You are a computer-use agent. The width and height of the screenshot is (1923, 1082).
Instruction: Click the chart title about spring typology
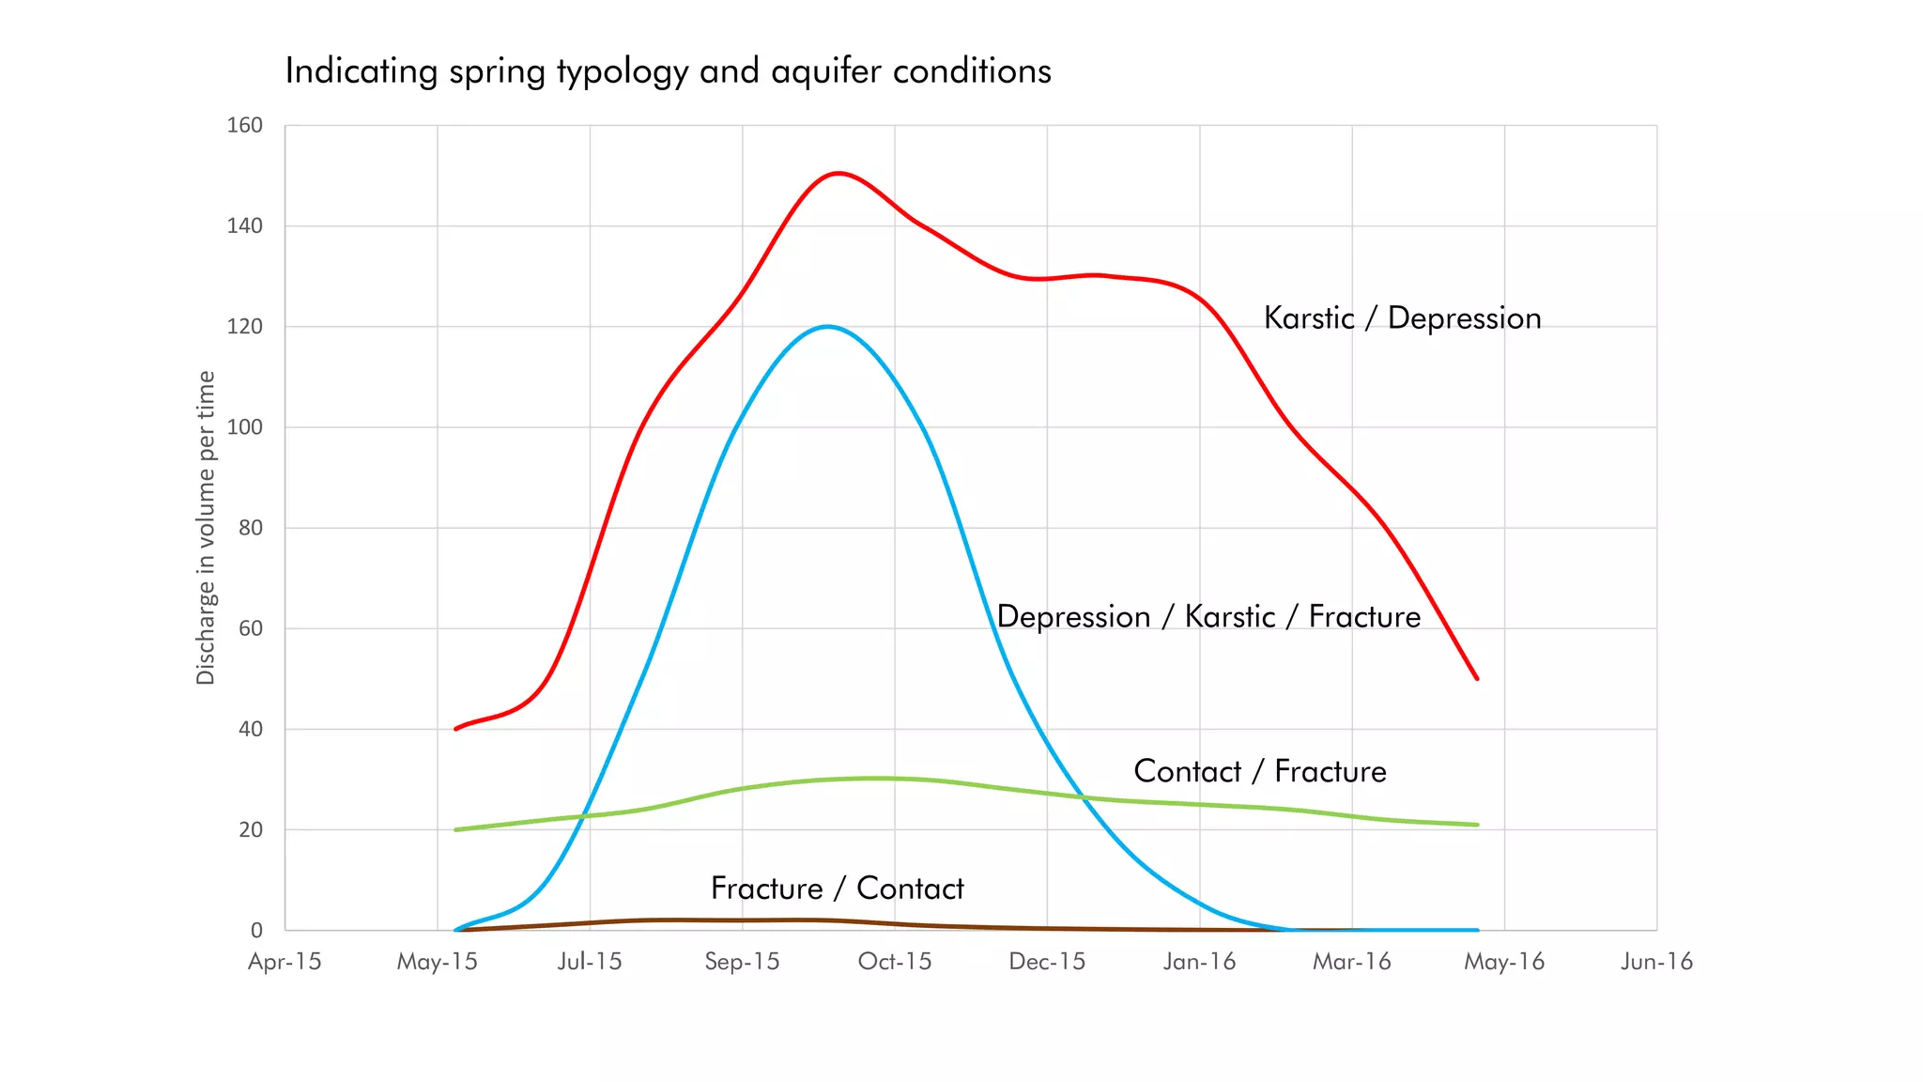(668, 71)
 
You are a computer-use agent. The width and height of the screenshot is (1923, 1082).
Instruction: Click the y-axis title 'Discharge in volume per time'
(206, 528)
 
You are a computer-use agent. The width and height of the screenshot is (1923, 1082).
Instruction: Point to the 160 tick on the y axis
(244, 125)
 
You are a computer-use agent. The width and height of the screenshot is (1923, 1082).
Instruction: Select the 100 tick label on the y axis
(244, 427)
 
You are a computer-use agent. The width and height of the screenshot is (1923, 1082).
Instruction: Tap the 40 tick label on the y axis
(250, 729)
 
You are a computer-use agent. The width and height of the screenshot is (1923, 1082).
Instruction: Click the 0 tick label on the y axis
(256, 930)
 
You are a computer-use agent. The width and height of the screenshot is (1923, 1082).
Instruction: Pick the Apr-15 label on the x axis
(285, 962)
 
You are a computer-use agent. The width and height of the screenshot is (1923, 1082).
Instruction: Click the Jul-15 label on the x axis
(590, 962)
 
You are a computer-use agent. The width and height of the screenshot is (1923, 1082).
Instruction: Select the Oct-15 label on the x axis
(895, 962)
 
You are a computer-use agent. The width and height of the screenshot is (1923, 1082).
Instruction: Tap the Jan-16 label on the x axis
(1199, 962)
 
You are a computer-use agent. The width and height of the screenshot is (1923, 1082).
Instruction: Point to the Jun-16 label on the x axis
(1656, 962)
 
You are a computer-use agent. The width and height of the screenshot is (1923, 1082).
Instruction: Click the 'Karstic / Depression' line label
(1402, 318)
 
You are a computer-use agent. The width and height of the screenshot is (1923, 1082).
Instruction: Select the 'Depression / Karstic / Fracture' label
(1208, 617)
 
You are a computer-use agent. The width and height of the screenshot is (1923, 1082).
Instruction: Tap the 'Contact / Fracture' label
(1260, 771)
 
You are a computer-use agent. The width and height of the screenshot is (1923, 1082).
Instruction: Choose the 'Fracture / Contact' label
(837, 889)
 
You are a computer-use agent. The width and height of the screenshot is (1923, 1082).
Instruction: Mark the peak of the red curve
(838, 173)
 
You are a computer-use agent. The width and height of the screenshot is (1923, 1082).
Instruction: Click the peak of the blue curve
(826, 326)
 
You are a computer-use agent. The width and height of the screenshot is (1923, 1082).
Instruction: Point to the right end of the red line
(1477, 678)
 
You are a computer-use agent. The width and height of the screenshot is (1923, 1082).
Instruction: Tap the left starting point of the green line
(456, 829)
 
